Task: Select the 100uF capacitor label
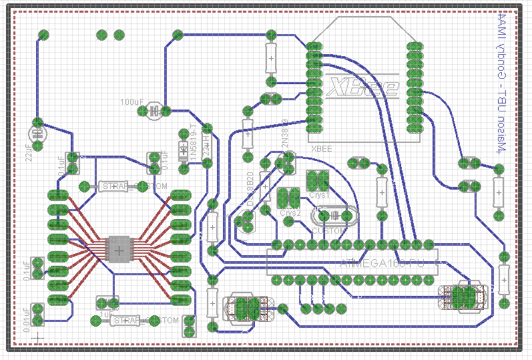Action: tap(131, 102)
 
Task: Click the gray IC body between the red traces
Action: tap(118, 250)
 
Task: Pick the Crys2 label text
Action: tap(290, 212)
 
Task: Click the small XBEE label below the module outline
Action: tap(322, 149)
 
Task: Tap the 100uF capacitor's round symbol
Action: tap(154, 110)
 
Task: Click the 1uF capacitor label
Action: tap(105, 313)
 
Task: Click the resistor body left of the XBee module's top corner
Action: tap(271, 59)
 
